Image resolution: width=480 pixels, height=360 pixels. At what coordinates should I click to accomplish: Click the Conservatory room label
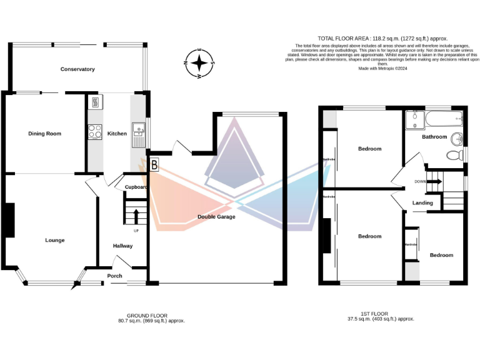[x=77, y=69]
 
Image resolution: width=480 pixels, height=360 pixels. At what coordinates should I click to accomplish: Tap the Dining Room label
[x=44, y=133]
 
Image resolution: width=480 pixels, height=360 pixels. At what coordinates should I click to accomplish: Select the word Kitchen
[x=117, y=133]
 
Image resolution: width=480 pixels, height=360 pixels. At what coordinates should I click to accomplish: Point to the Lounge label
[x=54, y=240]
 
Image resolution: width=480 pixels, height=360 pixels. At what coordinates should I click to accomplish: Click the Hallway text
[x=122, y=246]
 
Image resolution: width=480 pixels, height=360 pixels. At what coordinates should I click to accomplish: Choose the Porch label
[x=114, y=276]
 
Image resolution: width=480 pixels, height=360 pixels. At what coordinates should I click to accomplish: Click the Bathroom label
[x=434, y=136]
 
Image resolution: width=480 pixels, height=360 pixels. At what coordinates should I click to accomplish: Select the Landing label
[x=422, y=203]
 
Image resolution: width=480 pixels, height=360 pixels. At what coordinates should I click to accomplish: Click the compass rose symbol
[x=199, y=62]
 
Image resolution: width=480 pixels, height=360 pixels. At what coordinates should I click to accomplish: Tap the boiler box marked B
[x=154, y=165]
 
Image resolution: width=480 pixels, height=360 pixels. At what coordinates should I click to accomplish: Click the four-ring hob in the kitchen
[x=95, y=132]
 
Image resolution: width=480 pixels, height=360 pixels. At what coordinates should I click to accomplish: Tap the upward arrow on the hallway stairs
[x=136, y=216]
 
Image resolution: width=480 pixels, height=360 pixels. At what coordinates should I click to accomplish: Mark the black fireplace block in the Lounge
[x=9, y=221]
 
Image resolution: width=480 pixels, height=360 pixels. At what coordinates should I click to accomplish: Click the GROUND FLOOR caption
[x=147, y=315]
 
